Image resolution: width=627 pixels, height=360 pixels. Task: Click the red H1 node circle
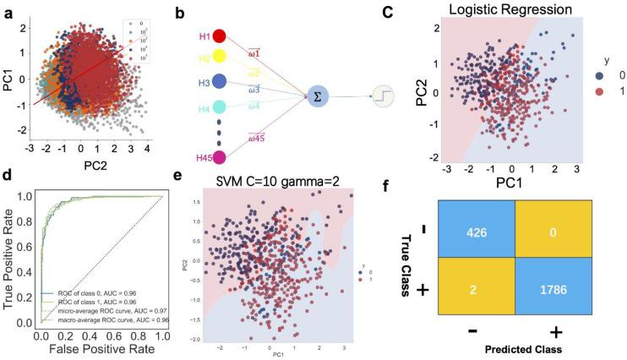click(220, 37)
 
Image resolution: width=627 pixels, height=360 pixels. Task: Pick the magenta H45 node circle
click(220, 157)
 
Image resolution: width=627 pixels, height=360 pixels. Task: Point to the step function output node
click(384, 98)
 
